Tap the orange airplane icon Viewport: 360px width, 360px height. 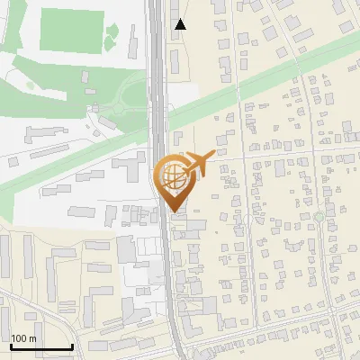(x=200, y=163)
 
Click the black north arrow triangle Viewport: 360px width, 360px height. (x=181, y=24)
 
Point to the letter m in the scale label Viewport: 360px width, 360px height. (x=32, y=338)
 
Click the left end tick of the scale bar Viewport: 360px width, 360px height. (x=10, y=346)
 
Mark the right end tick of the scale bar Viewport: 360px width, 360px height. (x=72, y=346)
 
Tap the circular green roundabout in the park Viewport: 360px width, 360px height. (x=119, y=109)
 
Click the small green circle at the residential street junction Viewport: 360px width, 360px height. (x=318, y=217)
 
